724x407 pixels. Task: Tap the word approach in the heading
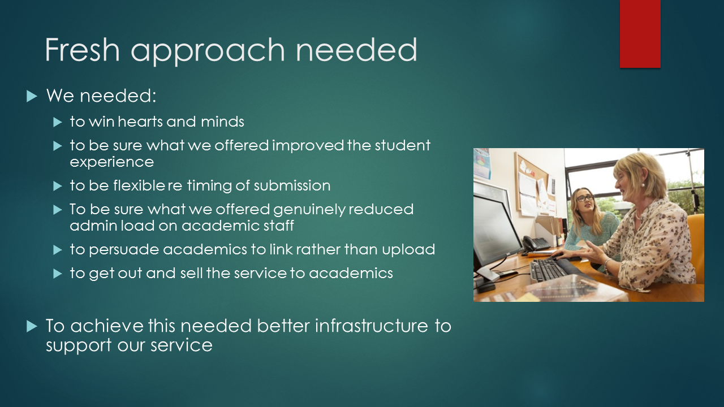pyautogui.click(x=208, y=51)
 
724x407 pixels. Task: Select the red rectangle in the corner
pyautogui.click(x=640, y=34)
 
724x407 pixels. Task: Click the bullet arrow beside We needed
pyautogui.click(x=32, y=96)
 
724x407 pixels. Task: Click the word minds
pyautogui.click(x=222, y=122)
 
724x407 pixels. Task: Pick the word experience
pyautogui.click(x=112, y=162)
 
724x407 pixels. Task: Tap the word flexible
pyautogui.click(x=139, y=185)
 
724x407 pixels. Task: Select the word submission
pyautogui.click(x=292, y=185)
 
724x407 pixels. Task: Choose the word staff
pyautogui.click(x=279, y=226)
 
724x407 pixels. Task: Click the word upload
pyautogui.click(x=408, y=250)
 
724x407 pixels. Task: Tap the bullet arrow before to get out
pyautogui.click(x=58, y=274)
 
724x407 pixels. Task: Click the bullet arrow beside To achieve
pyautogui.click(x=32, y=326)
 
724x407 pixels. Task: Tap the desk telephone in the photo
pyautogui.click(x=535, y=243)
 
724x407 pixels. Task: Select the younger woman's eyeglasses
pyautogui.click(x=585, y=198)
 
